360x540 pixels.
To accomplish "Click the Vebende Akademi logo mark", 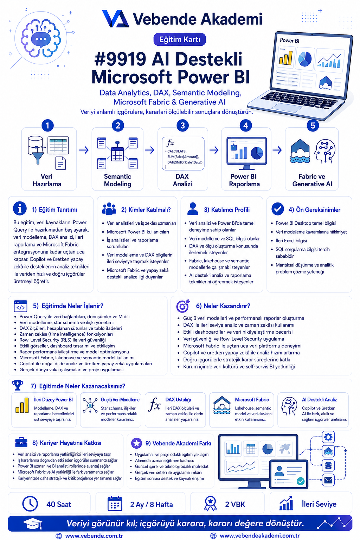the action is click(x=116, y=18).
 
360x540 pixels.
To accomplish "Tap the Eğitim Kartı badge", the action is click(x=180, y=39).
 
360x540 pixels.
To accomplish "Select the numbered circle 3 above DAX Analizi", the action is click(x=182, y=126).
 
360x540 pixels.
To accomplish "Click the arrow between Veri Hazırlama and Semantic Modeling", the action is click(x=84, y=150).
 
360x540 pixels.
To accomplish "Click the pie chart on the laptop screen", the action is click(x=305, y=59).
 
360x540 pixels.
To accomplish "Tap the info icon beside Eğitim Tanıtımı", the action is click(x=20, y=208).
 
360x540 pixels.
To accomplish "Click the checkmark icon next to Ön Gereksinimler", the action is click(x=277, y=209).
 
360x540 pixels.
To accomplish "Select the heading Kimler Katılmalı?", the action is click(x=146, y=210).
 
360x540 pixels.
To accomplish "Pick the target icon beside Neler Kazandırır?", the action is click(x=183, y=306).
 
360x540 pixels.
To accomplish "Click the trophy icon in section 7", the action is click(x=18, y=385).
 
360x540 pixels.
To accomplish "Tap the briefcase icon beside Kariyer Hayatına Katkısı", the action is click(x=21, y=442).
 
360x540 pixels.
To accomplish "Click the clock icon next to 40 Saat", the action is click(x=30, y=503).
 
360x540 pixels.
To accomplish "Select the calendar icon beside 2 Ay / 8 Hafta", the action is click(x=115, y=503).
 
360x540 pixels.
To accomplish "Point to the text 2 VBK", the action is click(x=235, y=504).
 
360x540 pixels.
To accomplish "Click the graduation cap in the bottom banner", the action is click(x=33, y=523).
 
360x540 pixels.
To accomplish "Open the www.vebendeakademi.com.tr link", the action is click(x=260, y=536).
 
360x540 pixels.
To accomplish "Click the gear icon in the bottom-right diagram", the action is click(x=328, y=437).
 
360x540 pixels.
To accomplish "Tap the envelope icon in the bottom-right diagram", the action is click(x=328, y=481).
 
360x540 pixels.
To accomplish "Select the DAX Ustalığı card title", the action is click(x=178, y=399).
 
